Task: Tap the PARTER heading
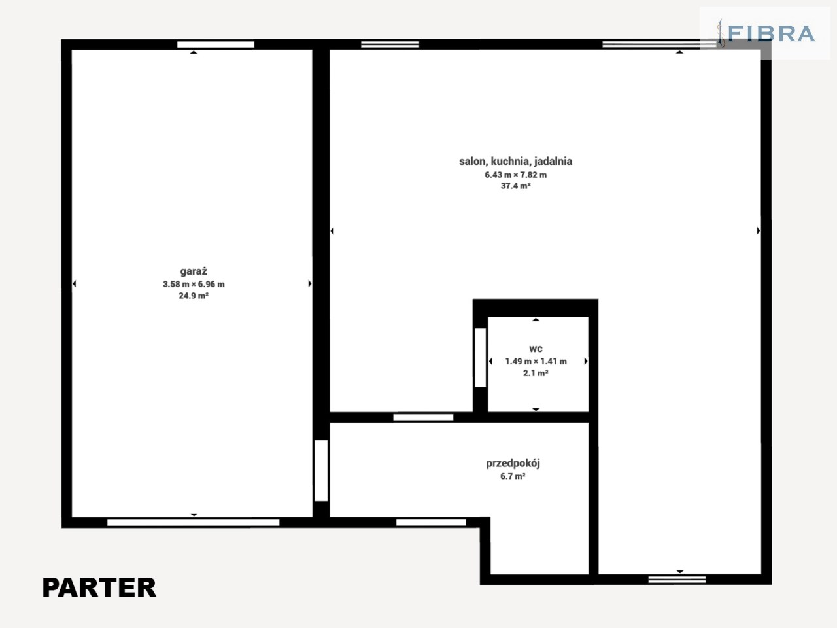point(99,587)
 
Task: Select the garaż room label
point(194,271)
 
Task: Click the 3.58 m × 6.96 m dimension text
point(194,284)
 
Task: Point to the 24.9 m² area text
point(194,296)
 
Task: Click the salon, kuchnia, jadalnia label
point(515,162)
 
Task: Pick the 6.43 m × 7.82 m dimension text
point(515,175)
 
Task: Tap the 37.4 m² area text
point(515,186)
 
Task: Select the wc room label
point(536,349)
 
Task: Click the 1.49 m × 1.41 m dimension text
point(536,362)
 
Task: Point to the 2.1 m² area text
point(536,373)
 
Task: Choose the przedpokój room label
point(513,464)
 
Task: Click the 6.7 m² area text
point(513,476)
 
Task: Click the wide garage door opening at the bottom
point(194,523)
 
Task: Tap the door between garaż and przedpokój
point(321,470)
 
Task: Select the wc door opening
point(481,358)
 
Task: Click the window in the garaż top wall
point(216,44)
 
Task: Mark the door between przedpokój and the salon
point(423,417)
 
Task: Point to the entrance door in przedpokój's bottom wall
point(431,523)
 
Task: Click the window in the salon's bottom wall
point(677,580)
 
